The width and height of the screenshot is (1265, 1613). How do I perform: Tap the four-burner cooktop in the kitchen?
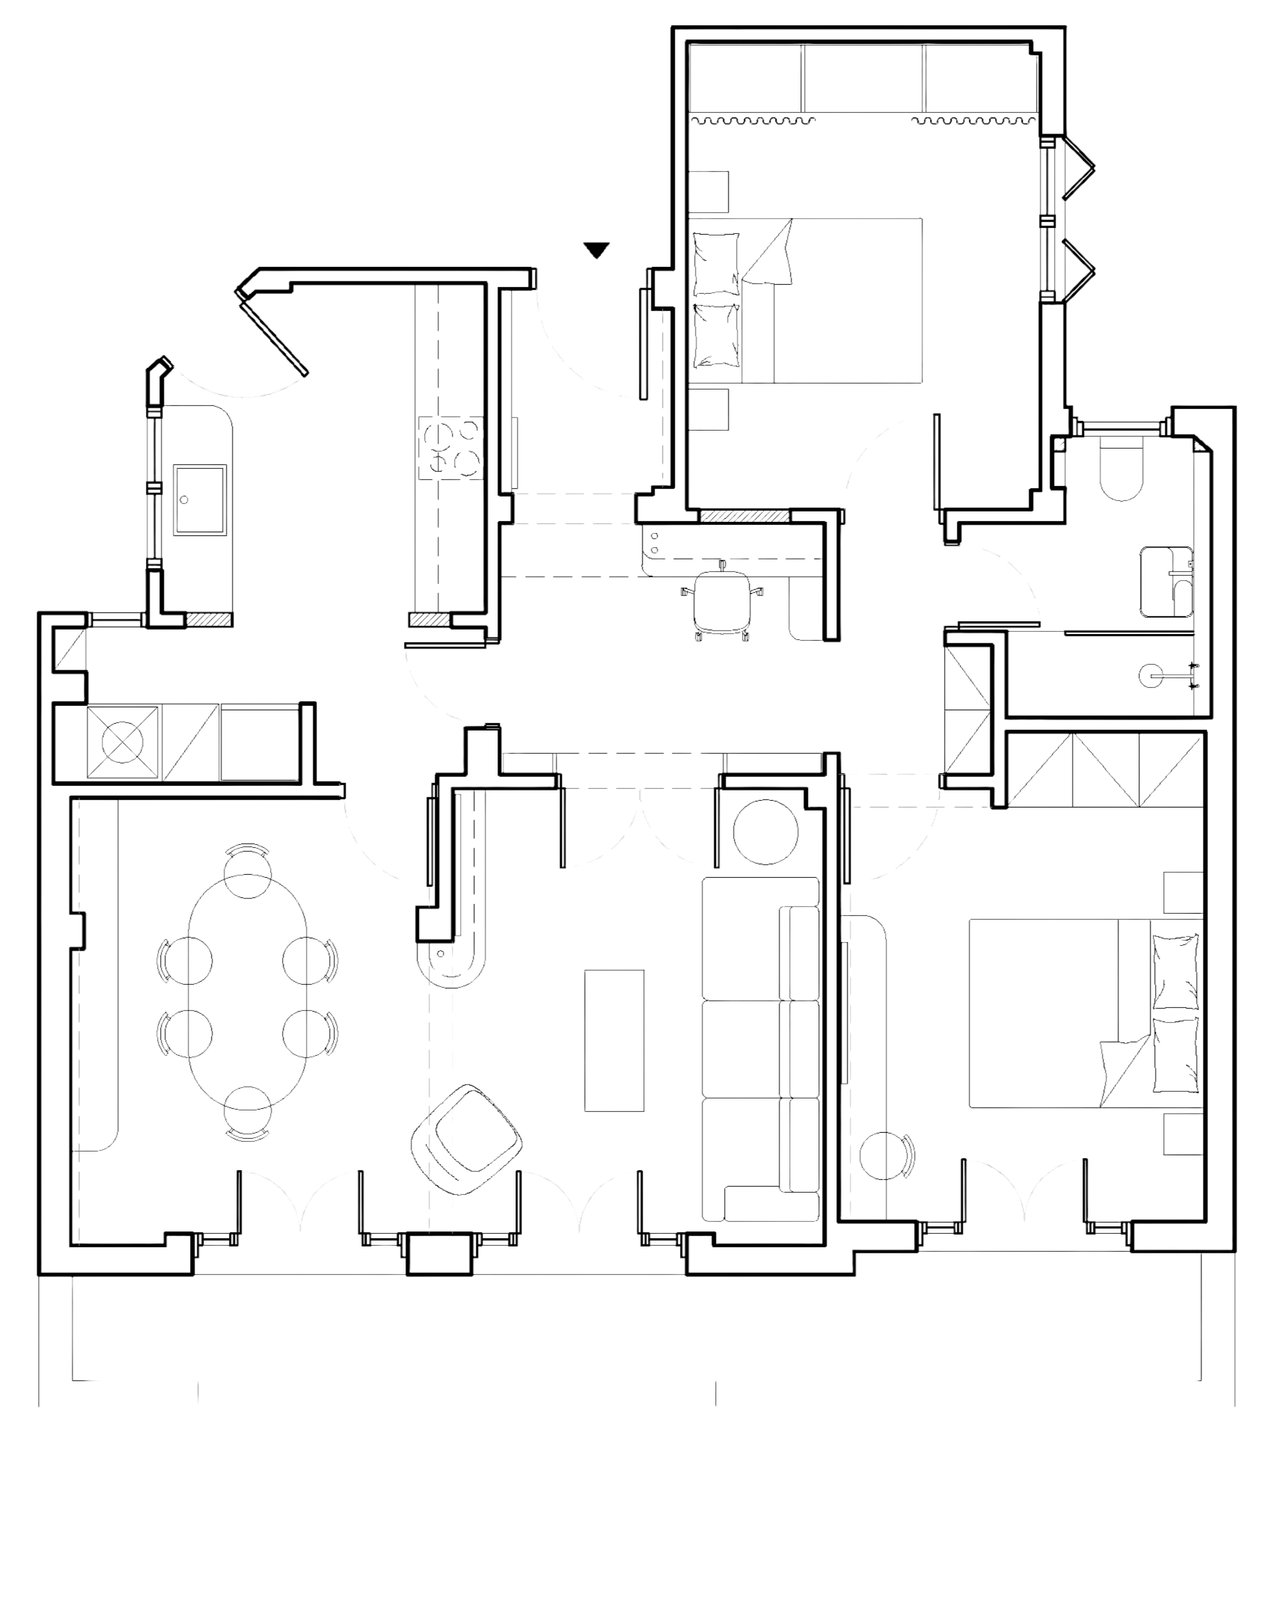451,447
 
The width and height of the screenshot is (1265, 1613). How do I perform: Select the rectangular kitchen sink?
200,498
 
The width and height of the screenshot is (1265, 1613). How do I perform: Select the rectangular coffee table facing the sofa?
614,1039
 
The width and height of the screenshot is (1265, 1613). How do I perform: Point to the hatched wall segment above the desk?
744,516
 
